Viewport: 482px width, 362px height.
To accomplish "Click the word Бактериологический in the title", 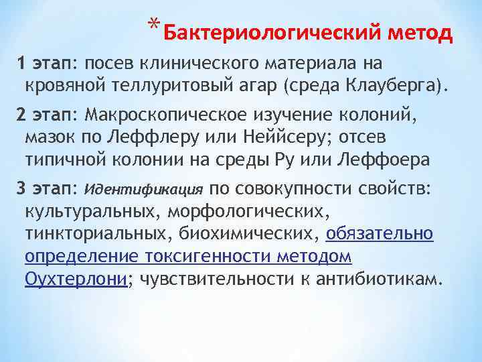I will tap(264, 32).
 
